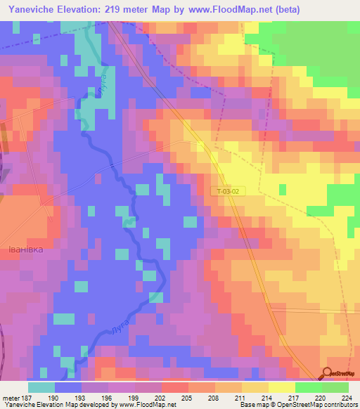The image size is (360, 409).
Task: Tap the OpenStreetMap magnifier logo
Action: click(x=328, y=373)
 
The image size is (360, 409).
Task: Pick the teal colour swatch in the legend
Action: click(x=41, y=387)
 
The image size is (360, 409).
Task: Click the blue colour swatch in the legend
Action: click(x=68, y=387)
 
